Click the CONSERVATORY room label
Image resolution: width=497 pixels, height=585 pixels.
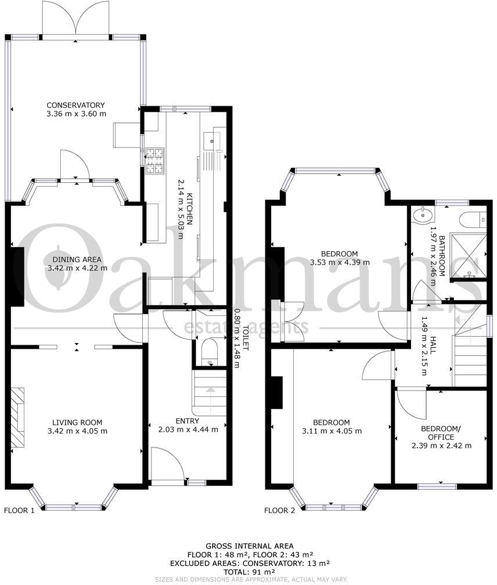(x=77, y=105)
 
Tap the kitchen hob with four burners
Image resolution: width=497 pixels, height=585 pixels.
(x=155, y=161)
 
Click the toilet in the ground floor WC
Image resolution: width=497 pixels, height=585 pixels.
(x=206, y=353)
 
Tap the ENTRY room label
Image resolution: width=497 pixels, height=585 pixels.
(x=187, y=421)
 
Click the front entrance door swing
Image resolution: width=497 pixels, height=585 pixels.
(x=164, y=464)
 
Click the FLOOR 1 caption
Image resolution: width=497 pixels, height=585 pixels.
(x=20, y=511)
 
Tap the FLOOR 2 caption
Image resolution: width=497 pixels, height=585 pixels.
(x=280, y=511)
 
